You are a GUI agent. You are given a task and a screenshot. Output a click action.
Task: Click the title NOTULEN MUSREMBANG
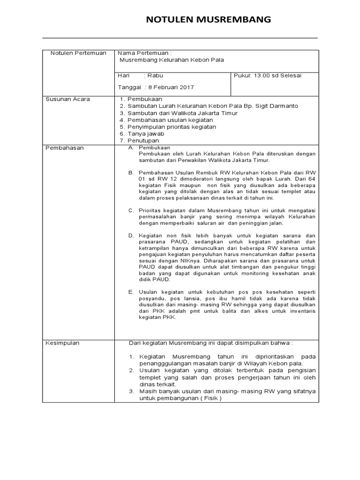209,19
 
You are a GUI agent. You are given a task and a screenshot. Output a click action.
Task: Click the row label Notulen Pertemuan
78,53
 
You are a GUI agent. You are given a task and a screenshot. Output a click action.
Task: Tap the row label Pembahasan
64,148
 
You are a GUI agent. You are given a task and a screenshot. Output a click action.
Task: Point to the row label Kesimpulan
63,343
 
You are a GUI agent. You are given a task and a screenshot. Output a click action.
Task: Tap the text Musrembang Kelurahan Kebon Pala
172,60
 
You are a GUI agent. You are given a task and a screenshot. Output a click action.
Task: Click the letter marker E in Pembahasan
131,292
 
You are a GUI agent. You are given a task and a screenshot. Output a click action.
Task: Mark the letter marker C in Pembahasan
131,210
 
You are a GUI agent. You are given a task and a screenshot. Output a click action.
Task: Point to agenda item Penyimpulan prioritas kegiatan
171,127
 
